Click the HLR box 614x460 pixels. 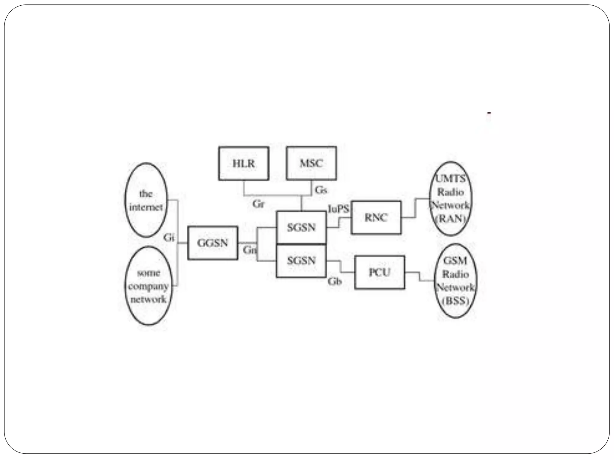point(243,164)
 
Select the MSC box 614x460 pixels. point(311,164)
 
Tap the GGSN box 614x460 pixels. point(213,243)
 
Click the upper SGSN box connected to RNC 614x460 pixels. point(301,228)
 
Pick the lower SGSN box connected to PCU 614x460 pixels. point(301,261)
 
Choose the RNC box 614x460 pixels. point(376,218)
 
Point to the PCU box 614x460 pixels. point(380,273)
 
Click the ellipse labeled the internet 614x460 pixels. point(146,200)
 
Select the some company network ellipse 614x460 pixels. point(148,286)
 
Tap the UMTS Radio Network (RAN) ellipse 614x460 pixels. point(451,199)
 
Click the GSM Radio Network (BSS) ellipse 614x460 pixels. point(455,281)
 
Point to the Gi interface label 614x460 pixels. point(169,237)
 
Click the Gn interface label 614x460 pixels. point(249,250)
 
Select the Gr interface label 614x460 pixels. point(258,204)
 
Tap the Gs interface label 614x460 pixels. point(321,190)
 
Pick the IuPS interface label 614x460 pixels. point(338,209)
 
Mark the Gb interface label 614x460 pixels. point(335,282)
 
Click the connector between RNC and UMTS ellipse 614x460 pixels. point(416,208)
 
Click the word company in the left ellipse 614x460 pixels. point(148,286)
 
